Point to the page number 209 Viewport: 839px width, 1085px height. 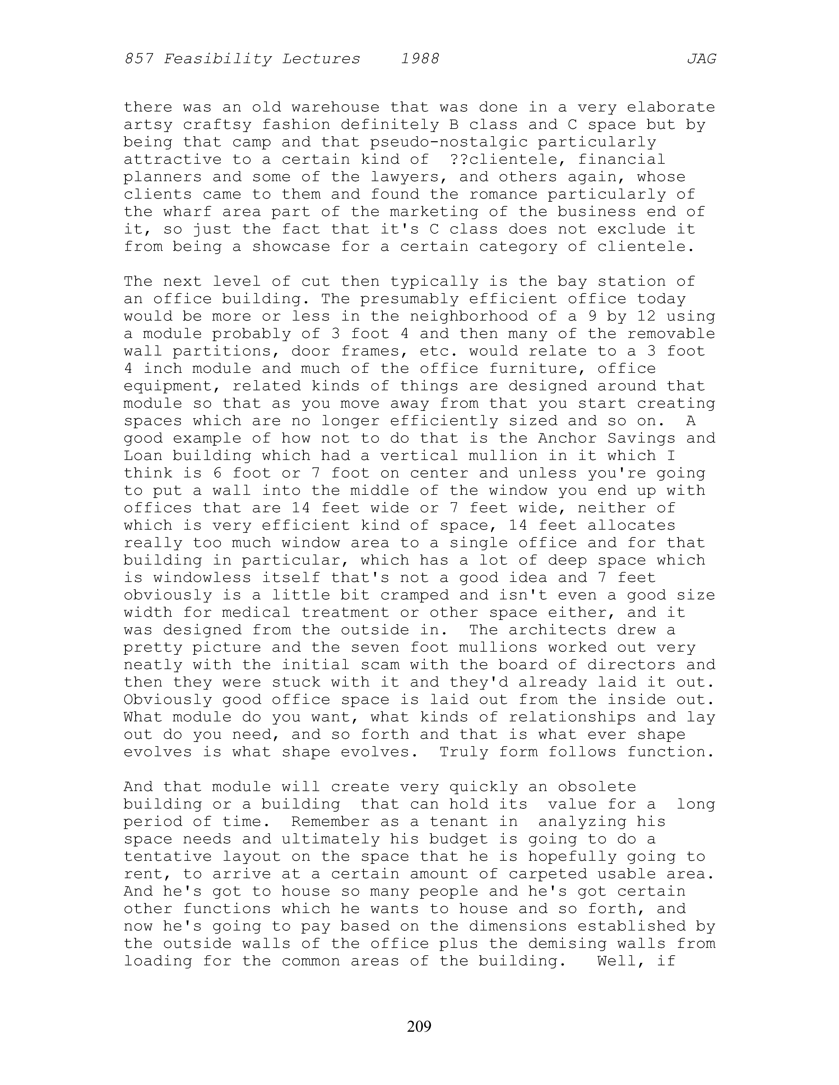coord(419,1026)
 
